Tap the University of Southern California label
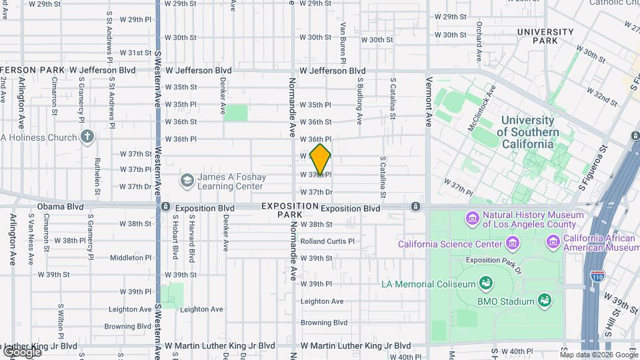tap(527, 132)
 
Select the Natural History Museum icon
tap(473, 219)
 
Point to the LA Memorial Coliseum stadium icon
tap(486, 284)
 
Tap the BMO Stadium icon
tap(545, 301)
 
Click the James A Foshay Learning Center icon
tap(187, 181)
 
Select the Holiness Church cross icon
tap(87, 137)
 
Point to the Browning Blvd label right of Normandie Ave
tap(324, 323)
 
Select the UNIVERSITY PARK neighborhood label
tap(545, 36)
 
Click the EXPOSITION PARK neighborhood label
tap(289, 210)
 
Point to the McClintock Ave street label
tap(483, 106)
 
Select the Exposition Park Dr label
tap(493, 260)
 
